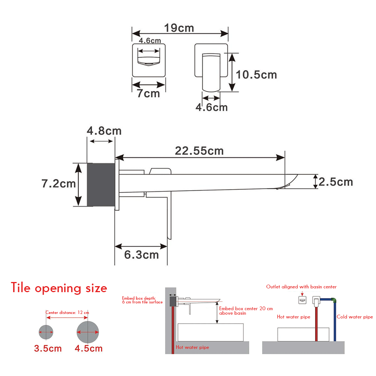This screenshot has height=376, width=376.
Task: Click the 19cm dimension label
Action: pyautogui.click(x=179, y=28)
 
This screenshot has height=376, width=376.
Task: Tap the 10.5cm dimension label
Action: pyautogui.click(x=256, y=74)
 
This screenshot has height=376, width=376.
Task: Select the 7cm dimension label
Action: pyautogui.click(x=148, y=93)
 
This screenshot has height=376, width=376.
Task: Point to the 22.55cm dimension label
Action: pyautogui.click(x=199, y=151)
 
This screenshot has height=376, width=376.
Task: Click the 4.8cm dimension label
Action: pyautogui.click(x=104, y=131)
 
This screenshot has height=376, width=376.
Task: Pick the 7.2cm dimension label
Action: pyautogui.click(x=59, y=183)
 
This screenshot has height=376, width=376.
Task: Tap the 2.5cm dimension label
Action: pyautogui.click(x=336, y=182)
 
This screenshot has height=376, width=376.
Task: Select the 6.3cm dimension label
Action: pyautogui.click(x=141, y=255)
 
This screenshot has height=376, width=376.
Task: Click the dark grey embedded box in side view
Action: pyautogui.click(x=101, y=185)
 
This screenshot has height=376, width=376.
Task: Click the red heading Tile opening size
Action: pyautogui.click(x=59, y=288)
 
